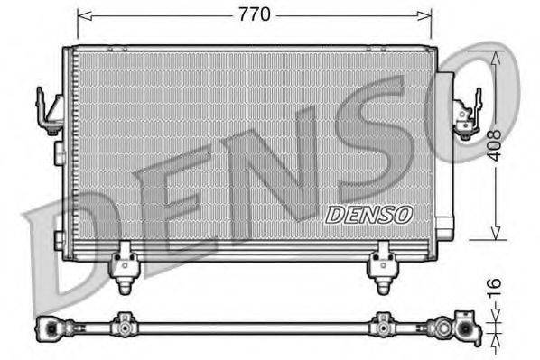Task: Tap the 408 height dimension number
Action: pos(493,143)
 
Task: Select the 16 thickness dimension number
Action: pos(494,291)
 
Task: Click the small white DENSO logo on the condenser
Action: pos(368,215)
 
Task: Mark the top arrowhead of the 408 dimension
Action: pos(494,52)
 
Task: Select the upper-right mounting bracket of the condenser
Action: pos(467,115)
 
